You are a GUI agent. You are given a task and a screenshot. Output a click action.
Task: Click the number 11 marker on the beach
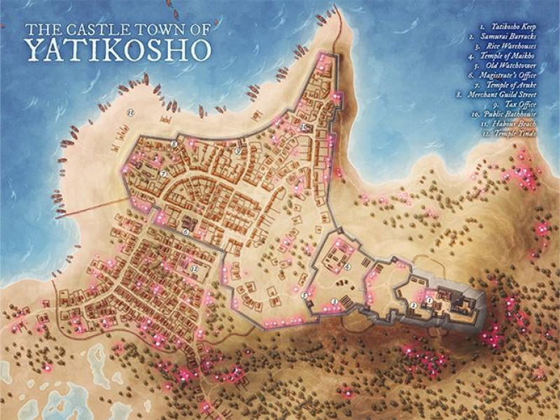(129, 111)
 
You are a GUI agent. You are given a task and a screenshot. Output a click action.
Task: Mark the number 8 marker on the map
(174, 144)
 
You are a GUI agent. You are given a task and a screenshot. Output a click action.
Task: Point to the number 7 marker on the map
(162, 174)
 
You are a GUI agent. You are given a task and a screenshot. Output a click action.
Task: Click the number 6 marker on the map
(186, 232)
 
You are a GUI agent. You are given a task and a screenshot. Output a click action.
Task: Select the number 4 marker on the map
(348, 266)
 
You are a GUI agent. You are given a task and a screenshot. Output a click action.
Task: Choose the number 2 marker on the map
(414, 305)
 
